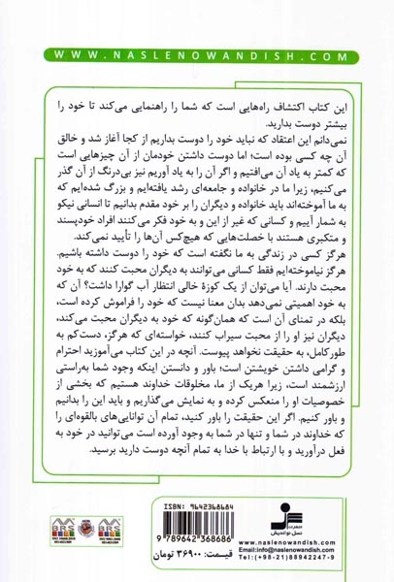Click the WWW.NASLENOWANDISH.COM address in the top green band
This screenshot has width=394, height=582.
pyautogui.click(x=197, y=57)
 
